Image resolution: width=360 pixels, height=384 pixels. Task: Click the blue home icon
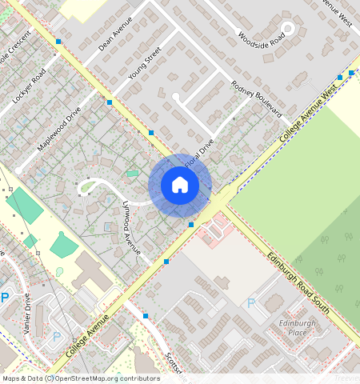[180, 186]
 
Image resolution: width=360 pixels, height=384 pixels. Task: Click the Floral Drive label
[199, 154]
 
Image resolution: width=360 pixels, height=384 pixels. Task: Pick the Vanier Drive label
[28, 313]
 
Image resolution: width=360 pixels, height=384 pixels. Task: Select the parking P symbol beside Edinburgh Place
[251, 303]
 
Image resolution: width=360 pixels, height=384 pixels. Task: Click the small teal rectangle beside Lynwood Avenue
[131, 173]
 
